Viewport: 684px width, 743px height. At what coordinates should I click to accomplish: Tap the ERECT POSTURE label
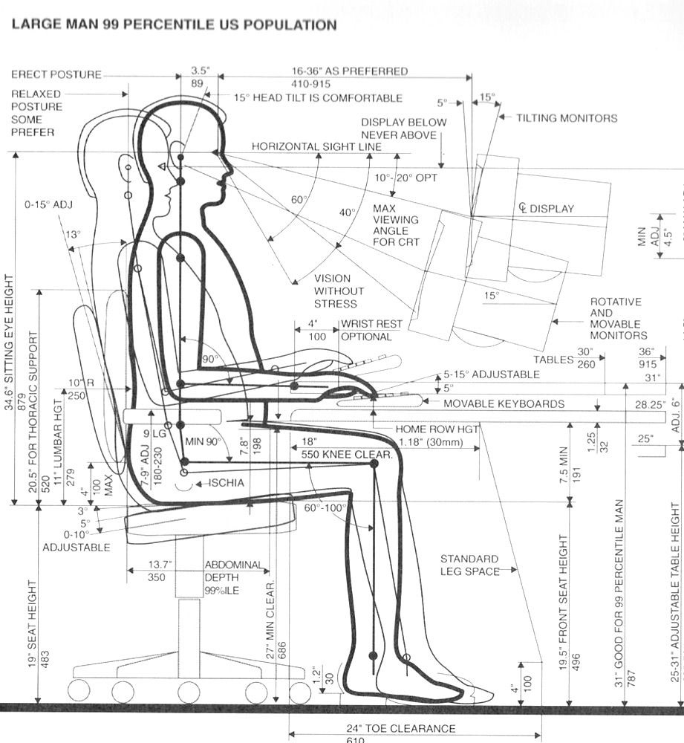[56, 75]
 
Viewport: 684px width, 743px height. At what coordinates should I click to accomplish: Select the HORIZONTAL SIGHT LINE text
[316, 146]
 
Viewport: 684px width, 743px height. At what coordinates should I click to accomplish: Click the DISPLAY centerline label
[546, 209]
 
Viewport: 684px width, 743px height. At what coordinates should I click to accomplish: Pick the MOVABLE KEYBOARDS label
[504, 404]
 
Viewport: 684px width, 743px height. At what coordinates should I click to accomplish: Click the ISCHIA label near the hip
[225, 483]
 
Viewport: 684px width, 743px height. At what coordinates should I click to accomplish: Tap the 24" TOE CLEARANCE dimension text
[410, 728]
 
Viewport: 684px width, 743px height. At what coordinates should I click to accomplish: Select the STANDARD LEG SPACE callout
[469, 565]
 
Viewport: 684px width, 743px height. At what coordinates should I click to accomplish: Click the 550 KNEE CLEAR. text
[347, 453]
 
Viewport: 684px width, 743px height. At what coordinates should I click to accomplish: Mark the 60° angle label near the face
[299, 199]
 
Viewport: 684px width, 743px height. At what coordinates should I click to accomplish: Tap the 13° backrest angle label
[72, 234]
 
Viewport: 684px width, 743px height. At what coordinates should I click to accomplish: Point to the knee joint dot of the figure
[374, 464]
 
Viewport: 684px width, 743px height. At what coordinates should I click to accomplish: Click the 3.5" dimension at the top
[200, 71]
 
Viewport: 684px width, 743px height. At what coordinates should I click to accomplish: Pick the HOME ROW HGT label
[437, 429]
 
